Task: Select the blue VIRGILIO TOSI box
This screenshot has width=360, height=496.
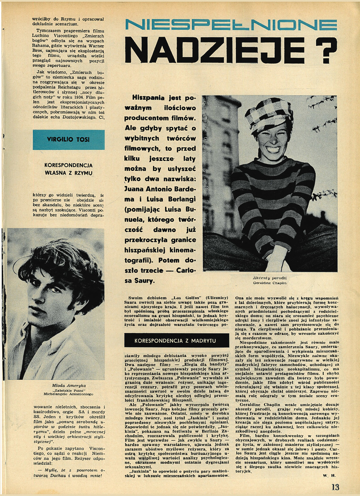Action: pos(68,140)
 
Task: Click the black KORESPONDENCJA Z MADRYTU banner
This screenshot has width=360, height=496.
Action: pos(176,340)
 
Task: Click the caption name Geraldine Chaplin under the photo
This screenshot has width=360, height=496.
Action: pos(270,283)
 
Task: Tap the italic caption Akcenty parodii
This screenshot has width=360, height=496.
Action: pos(270,278)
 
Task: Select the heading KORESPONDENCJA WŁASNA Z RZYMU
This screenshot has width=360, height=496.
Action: pos(68,169)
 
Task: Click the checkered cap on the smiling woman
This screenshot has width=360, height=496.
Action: pos(269,113)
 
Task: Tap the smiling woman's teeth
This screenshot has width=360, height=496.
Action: pos(273,149)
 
